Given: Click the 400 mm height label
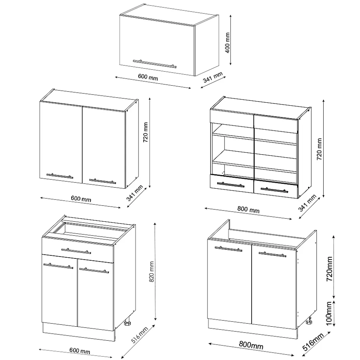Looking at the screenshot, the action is pos(228,43).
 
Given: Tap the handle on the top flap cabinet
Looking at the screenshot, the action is pos(155,64).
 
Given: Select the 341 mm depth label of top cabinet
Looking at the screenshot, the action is pos(213,77).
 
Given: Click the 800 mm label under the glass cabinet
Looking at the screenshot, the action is pos(248,209).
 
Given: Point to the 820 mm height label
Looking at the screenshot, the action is pos(151,272).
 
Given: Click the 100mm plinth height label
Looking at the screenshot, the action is pos(329,313).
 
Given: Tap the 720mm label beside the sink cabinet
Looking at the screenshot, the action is pos(330,269).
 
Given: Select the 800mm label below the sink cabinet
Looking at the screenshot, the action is pos(251,345).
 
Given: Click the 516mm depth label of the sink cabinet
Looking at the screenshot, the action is pos(313,342).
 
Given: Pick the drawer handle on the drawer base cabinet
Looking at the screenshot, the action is pos(76,251).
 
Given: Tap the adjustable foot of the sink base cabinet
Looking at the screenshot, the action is pos(309,320).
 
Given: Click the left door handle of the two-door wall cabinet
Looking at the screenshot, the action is pos(60,176).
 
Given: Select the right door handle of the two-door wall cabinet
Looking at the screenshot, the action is pos(102,181).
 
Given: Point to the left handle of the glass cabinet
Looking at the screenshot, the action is pos(230,185).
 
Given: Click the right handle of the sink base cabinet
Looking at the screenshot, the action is pos(272,254).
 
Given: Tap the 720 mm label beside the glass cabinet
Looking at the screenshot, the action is pos(319,149).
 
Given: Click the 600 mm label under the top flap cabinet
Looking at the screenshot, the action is pos(148,77).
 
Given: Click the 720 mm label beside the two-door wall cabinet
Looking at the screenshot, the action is pos(145,132).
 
